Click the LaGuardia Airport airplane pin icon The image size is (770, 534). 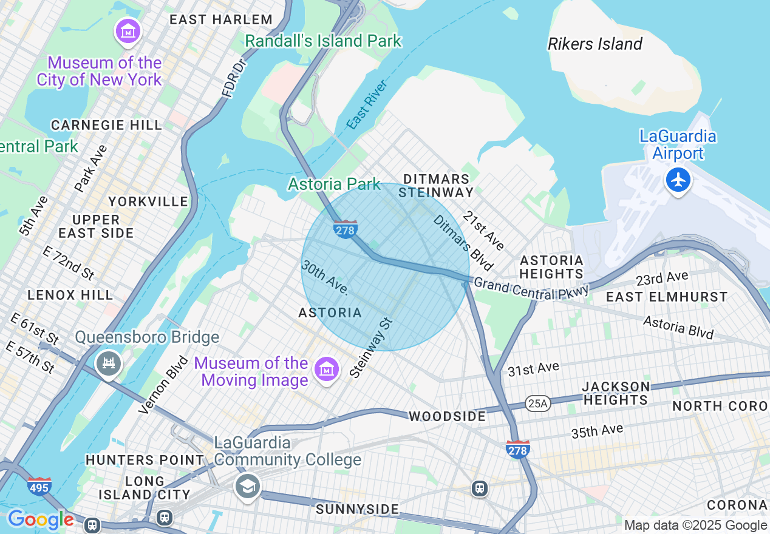pyautogui.click(x=678, y=180)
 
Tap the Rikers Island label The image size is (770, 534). pyautogui.click(x=595, y=44)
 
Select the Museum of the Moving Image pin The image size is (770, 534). pyautogui.click(x=326, y=368)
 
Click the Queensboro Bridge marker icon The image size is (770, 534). pyautogui.click(x=109, y=363)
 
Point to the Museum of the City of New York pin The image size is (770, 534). pyautogui.click(x=128, y=32)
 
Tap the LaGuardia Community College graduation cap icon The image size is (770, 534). pyautogui.click(x=247, y=487)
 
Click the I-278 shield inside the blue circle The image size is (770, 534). pyautogui.click(x=345, y=229)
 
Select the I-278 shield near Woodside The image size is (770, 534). pyautogui.click(x=517, y=450)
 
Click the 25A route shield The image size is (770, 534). pyautogui.click(x=538, y=404)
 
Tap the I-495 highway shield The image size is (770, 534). pyautogui.click(x=39, y=486)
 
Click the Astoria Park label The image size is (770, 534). pyautogui.click(x=334, y=184)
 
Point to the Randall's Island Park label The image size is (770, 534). pyautogui.click(x=323, y=41)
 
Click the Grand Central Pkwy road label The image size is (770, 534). pyautogui.click(x=531, y=288)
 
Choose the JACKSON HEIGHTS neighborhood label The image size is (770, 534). pyautogui.click(x=616, y=393)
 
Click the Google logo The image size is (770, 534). pyautogui.click(x=40, y=520)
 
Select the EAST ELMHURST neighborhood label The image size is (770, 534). pyautogui.click(x=667, y=297)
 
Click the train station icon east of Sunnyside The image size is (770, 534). pyautogui.click(x=480, y=488)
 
